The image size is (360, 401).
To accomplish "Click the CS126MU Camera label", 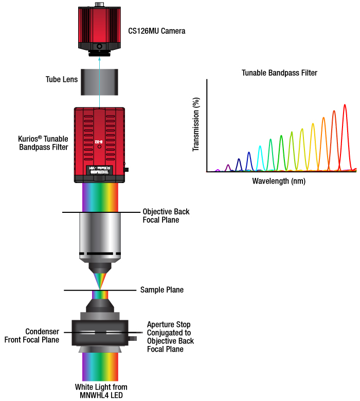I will [156, 31].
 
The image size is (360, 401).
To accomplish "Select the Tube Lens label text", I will [62, 80].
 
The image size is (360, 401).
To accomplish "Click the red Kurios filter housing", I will [100, 139].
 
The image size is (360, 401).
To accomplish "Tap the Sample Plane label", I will [162, 290].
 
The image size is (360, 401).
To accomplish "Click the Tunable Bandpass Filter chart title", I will [279, 73].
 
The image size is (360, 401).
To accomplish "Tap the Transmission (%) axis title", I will [195, 125].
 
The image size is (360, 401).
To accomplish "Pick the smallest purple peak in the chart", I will [218, 170].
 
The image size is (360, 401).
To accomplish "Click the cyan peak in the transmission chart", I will [260, 154].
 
